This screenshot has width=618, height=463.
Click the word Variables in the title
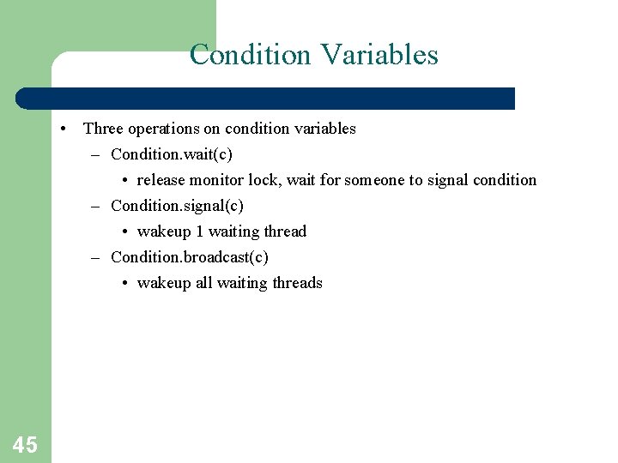pyautogui.click(x=379, y=55)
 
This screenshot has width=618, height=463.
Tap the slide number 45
pyautogui.click(x=25, y=444)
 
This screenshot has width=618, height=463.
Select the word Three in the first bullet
pyautogui.click(x=103, y=129)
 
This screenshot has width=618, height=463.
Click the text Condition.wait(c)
pyautogui.click(x=172, y=154)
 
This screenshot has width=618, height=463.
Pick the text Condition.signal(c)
pyautogui.click(x=177, y=206)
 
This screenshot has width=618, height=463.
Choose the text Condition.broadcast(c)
pyautogui.click(x=190, y=257)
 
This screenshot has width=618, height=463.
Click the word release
pyautogui.click(x=161, y=180)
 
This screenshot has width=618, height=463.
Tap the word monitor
pyautogui.click(x=216, y=180)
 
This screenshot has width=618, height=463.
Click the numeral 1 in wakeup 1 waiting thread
pyautogui.click(x=199, y=231)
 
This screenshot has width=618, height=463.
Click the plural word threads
pyautogui.click(x=297, y=283)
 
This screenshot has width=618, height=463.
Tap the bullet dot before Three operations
pyautogui.click(x=64, y=129)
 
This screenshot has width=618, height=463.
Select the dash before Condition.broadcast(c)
pyautogui.click(x=98, y=257)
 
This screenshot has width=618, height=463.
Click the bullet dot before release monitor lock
pyautogui.click(x=125, y=181)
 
